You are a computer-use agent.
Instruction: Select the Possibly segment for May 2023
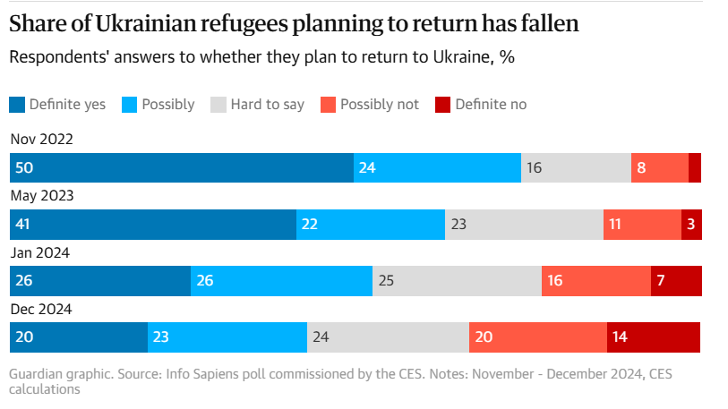pyautogui.click(x=370, y=225)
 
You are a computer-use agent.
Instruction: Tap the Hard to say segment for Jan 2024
pyautogui.click(x=457, y=281)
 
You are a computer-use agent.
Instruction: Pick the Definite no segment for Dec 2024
pyautogui.click(x=654, y=337)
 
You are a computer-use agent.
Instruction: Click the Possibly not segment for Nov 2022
pyautogui.click(x=659, y=167)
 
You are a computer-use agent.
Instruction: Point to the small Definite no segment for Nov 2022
pyautogui.click(x=695, y=167)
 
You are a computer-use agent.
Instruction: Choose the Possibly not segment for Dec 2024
pyautogui.click(x=537, y=337)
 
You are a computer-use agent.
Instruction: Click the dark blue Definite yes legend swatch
pyautogui.click(x=17, y=105)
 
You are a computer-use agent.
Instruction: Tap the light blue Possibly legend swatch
pyautogui.click(x=129, y=105)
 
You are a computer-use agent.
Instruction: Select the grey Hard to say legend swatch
pyautogui.click(x=218, y=105)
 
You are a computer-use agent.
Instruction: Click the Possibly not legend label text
pyautogui.click(x=379, y=105)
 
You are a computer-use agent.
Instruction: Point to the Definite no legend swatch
pyautogui.click(x=442, y=105)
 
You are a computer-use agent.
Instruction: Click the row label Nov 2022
pyautogui.click(x=41, y=140)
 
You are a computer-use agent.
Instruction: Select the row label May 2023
pyautogui.click(x=42, y=196)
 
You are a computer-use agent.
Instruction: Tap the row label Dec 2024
pyautogui.click(x=41, y=310)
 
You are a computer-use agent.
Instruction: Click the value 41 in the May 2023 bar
pyautogui.click(x=23, y=225)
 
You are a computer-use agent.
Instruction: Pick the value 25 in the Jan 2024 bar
pyautogui.click(x=387, y=281)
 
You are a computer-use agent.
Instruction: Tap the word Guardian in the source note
pyautogui.click(x=36, y=373)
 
